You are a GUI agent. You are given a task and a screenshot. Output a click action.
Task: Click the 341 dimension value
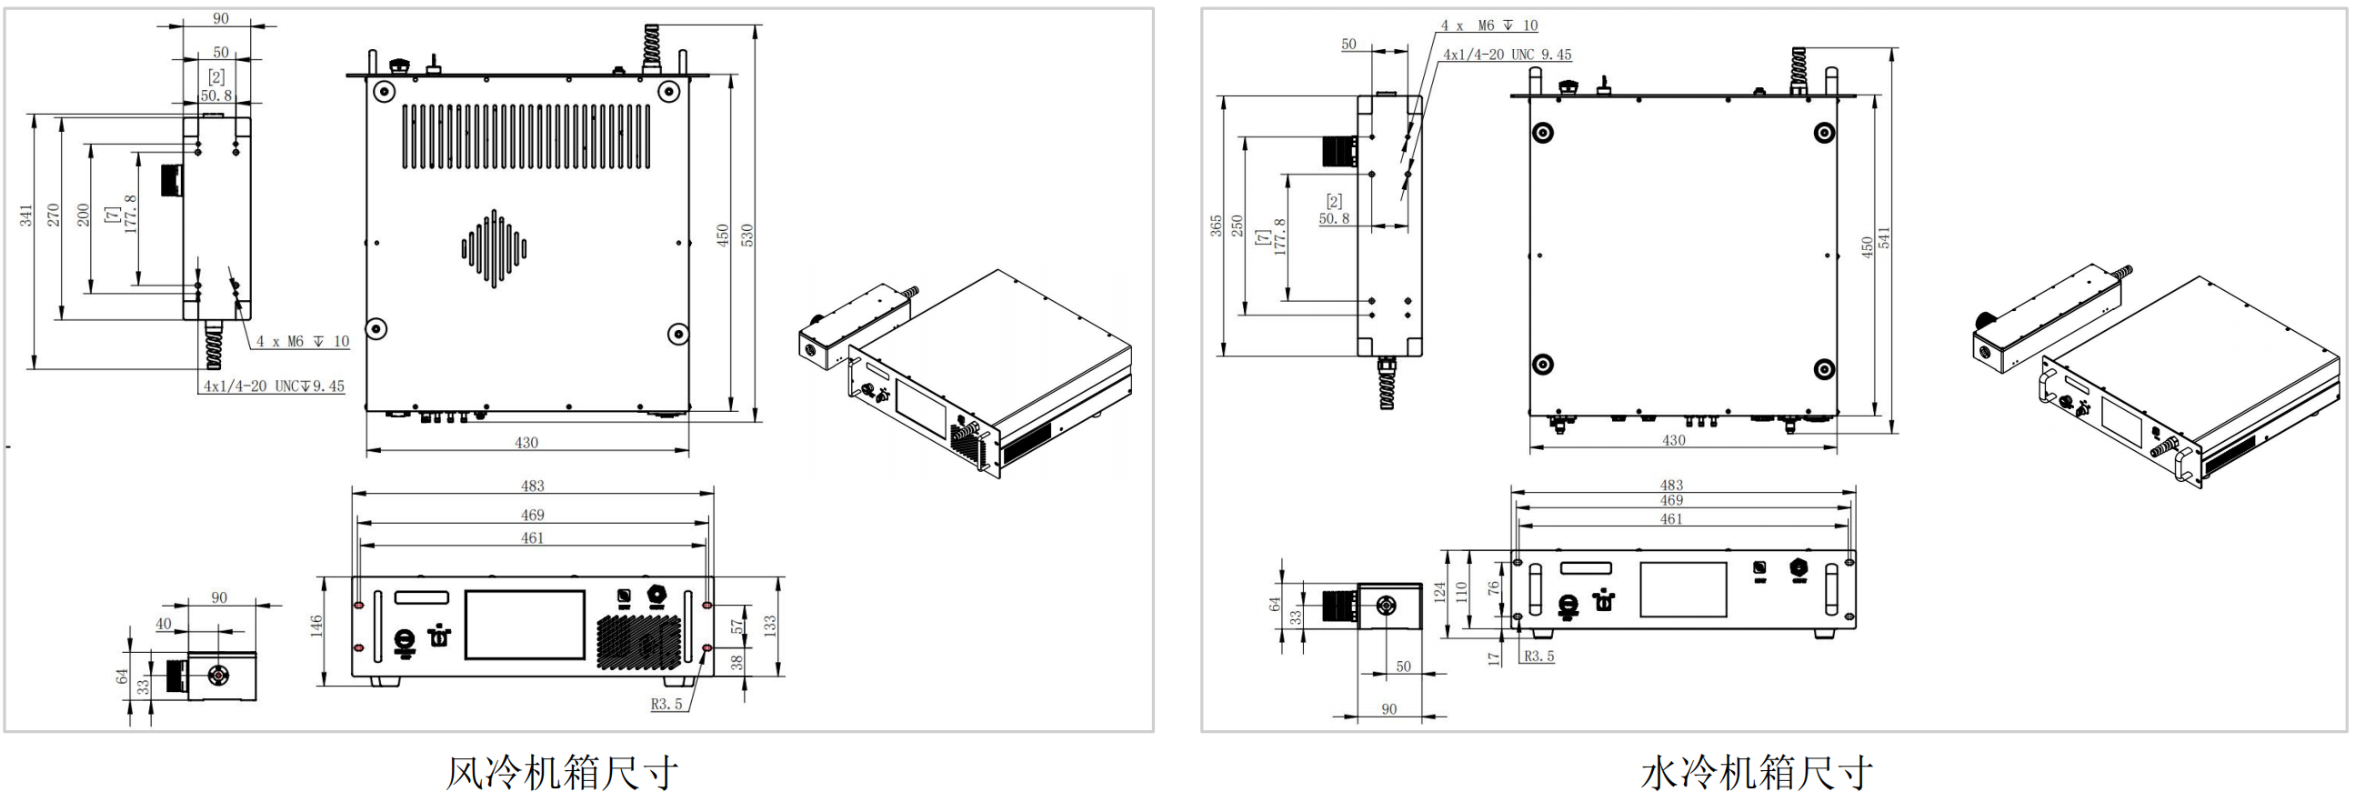pyautogui.click(x=25, y=216)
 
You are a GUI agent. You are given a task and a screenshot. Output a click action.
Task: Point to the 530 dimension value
pyautogui.click(x=747, y=235)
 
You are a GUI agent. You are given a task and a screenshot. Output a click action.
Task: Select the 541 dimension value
pyautogui.click(x=1883, y=237)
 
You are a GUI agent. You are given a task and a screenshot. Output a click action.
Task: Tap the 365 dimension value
pyautogui.click(x=1216, y=225)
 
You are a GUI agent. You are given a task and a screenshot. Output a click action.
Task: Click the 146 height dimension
pyautogui.click(x=316, y=626)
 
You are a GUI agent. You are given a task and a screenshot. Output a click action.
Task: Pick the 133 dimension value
pyautogui.click(x=770, y=626)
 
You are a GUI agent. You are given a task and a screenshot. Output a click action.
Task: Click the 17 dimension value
pyautogui.click(x=1494, y=657)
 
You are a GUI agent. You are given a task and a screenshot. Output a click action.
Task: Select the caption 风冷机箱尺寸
pyautogui.click(x=561, y=773)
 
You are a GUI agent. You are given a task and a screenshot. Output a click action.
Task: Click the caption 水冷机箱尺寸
pyautogui.click(x=1756, y=773)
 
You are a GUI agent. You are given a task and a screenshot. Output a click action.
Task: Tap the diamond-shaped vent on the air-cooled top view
pyautogui.click(x=494, y=248)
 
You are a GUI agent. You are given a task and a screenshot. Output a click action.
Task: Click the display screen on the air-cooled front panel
pyautogui.click(x=525, y=625)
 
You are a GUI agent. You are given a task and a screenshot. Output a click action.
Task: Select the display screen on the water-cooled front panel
pyautogui.click(x=1683, y=589)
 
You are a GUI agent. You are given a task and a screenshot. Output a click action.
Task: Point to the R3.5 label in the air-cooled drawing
pyautogui.click(x=666, y=704)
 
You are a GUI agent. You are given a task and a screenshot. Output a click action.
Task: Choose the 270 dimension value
pyautogui.click(x=53, y=215)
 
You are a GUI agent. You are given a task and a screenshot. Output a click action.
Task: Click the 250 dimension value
pyautogui.click(x=1237, y=225)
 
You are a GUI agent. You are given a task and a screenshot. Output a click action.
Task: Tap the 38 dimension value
pyautogui.click(x=737, y=661)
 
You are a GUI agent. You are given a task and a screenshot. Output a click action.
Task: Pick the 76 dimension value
pyautogui.click(x=1493, y=588)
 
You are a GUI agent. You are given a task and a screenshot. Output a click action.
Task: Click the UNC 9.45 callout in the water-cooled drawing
pyautogui.click(x=1507, y=55)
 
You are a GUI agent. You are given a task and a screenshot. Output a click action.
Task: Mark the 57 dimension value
pyautogui.click(x=737, y=627)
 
